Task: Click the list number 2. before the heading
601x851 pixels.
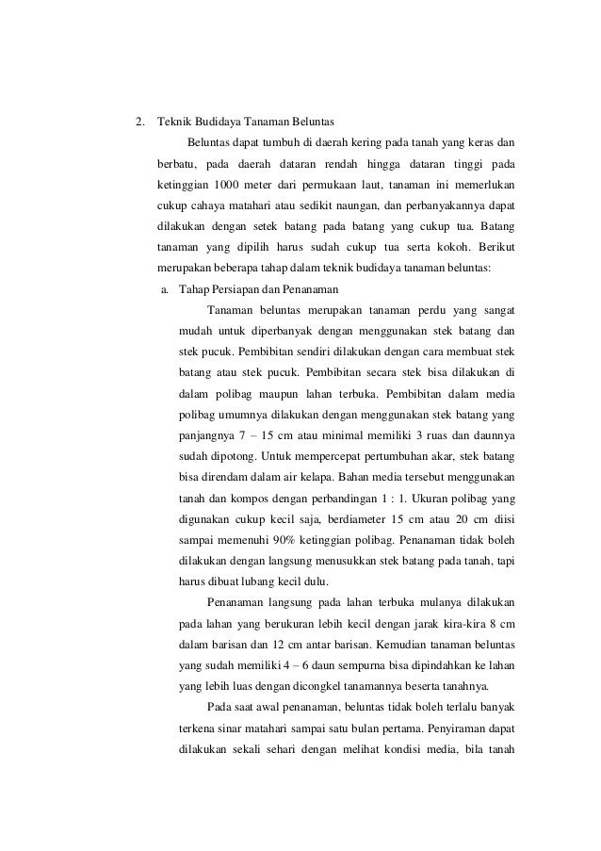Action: click(140, 123)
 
